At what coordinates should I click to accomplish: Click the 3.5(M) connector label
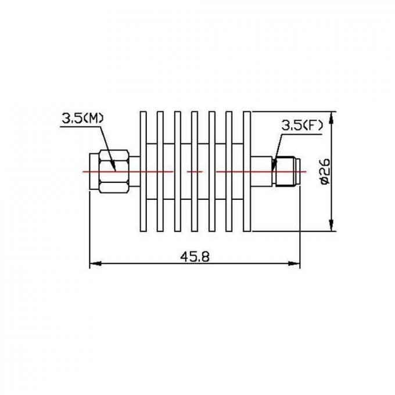coord(83,118)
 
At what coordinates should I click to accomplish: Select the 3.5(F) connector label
coord(301,124)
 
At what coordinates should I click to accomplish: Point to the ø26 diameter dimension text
coord(325,172)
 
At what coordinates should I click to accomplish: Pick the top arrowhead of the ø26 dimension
coord(331,116)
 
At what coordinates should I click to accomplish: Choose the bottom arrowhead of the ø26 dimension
coord(331,228)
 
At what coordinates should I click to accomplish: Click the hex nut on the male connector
coord(113,172)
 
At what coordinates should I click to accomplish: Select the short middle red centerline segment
coord(195,172)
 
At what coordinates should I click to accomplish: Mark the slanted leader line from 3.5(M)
coord(109,145)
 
